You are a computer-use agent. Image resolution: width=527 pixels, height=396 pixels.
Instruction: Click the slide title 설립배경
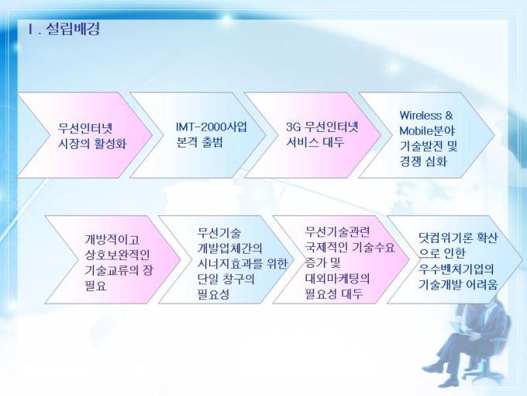pyautogui.click(x=73, y=30)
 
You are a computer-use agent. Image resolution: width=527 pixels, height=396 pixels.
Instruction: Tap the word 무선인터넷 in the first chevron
pyautogui.click(x=85, y=128)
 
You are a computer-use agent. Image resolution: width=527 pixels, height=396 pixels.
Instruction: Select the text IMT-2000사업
pyautogui.click(x=212, y=127)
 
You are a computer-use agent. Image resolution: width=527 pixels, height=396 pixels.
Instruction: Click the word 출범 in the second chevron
pyautogui.click(x=212, y=142)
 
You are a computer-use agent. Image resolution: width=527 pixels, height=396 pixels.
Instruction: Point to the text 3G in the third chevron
pyautogui.click(x=293, y=127)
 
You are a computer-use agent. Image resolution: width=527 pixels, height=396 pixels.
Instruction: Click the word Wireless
pyautogui.click(x=421, y=116)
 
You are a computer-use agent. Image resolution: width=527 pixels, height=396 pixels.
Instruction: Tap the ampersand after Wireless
pyautogui.click(x=449, y=116)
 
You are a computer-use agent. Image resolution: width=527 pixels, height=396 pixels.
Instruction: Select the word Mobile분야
pyautogui.click(x=427, y=130)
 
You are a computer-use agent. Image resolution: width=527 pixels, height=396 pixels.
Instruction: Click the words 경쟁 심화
pyautogui.click(x=423, y=162)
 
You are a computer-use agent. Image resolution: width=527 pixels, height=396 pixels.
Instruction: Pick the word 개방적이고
pyautogui.click(x=112, y=240)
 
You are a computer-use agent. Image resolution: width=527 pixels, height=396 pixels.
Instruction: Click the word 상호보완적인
pyautogui.click(x=117, y=255)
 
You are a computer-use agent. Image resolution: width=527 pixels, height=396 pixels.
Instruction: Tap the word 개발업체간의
pyautogui.click(x=229, y=248)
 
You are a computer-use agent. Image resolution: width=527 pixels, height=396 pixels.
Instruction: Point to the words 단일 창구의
pyautogui.click(x=226, y=279)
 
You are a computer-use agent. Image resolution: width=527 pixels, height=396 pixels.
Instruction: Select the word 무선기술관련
pyautogui.click(x=337, y=231)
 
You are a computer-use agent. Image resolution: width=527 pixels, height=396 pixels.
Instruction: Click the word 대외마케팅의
pyautogui.click(x=337, y=279)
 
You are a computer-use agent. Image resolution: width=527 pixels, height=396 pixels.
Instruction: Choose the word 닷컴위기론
pyautogui.click(x=446, y=238)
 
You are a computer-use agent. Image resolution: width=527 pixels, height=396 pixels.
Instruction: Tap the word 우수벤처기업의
pyautogui.click(x=456, y=269)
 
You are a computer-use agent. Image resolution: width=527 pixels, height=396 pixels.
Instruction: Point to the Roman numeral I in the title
pyautogui.click(x=31, y=30)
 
